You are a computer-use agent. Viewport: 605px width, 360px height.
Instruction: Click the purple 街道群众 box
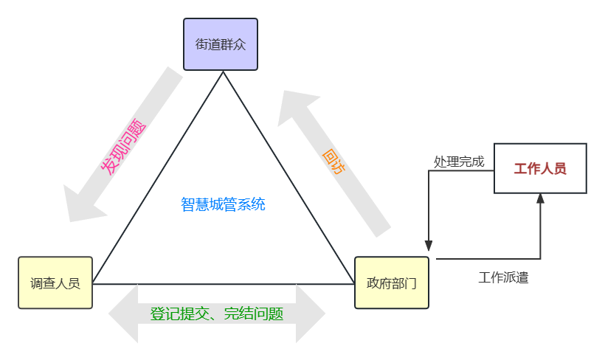pyautogui.click(x=221, y=44)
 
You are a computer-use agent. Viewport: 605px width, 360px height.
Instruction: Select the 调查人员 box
pyautogui.click(x=55, y=283)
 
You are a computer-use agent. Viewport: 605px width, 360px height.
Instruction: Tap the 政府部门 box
pyautogui.click(x=392, y=283)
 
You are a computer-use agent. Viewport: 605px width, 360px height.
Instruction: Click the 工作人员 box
pyautogui.click(x=540, y=168)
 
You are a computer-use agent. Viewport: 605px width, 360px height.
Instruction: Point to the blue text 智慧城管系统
pyautogui.click(x=223, y=204)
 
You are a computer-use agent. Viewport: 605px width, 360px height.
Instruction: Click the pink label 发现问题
pyautogui.click(x=123, y=147)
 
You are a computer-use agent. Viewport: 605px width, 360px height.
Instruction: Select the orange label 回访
pyautogui.click(x=333, y=162)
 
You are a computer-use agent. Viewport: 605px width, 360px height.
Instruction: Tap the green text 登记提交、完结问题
pyautogui.click(x=217, y=314)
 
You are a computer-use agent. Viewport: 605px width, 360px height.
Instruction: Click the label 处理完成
pyautogui.click(x=459, y=162)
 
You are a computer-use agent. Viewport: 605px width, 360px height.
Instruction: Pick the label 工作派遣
pyautogui.click(x=503, y=277)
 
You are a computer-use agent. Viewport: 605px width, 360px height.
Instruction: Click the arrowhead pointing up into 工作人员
pyautogui.click(x=540, y=198)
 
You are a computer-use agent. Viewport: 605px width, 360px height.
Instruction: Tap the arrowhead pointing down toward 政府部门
pyautogui.click(x=428, y=246)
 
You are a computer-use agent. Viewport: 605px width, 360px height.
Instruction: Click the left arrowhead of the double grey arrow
pyautogui.click(x=123, y=314)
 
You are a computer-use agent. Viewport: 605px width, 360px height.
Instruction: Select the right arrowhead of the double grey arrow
pyautogui.click(x=311, y=314)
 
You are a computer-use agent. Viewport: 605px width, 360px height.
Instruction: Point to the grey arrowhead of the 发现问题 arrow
pyautogui.click(x=82, y=205)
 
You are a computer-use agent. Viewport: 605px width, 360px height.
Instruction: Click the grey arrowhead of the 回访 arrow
pyautogui.click(x=297, y=107)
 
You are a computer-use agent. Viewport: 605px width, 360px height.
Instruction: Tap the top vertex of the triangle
pyautogui.click(x=223, y=72)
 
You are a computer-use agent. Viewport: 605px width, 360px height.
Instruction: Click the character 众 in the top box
pyautogui.click(x=240, y=44)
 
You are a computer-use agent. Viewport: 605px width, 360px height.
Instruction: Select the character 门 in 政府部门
pyautogui.click(x=410, y=283)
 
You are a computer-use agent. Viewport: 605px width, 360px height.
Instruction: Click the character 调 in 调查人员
pyautogui.click(x=36, y=283)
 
